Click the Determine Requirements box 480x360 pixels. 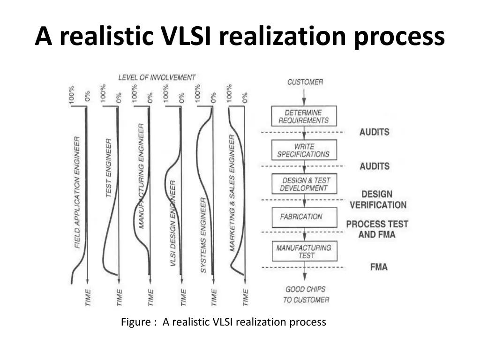click(304, 116)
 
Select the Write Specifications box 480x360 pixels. click(304, 150)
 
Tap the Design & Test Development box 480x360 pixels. click(304, 184)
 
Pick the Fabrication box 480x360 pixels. click(304, 217)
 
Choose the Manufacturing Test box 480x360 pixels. click(305, 251)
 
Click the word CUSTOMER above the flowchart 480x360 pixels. click(305, 82)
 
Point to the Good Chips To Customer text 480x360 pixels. click(306, 294)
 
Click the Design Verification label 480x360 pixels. click(378, 199)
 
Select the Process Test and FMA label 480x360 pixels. click(377, 229)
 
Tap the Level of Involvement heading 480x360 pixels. click(157, 77)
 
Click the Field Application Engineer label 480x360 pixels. click(77, 192)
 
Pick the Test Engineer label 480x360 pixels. click(108, 168)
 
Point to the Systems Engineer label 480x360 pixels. click(203, 235)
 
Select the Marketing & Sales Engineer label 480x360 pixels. click(232, 193)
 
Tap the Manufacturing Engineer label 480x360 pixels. click(141, 176)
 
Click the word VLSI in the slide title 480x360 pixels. click(186, 36)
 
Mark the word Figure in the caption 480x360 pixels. click(136, 322)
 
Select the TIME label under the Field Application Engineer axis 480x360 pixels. click(88, 297)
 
